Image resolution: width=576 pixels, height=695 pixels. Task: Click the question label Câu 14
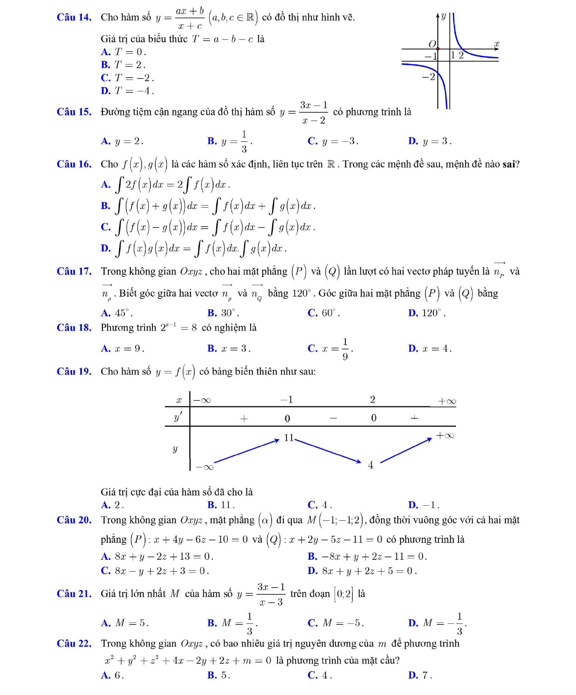tap(74, 17)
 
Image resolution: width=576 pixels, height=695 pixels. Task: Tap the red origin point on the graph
tap(438, 48)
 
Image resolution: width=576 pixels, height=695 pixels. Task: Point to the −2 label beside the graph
tap(429, 77)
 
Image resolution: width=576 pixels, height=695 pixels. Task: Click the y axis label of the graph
tap(443, 16)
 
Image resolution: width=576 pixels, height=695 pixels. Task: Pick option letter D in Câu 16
tap(105, 248)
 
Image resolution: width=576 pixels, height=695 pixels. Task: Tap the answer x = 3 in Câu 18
tap(236, 349)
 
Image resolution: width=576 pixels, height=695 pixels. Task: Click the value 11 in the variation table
tap(288, 438)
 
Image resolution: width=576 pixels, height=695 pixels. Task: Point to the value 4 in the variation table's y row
tap(371, 465)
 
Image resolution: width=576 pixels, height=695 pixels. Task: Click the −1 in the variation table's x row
tap(287, 400)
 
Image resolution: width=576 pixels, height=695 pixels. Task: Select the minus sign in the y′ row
tap(333, 418)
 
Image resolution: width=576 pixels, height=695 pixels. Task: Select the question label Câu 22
tap(74, 644)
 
